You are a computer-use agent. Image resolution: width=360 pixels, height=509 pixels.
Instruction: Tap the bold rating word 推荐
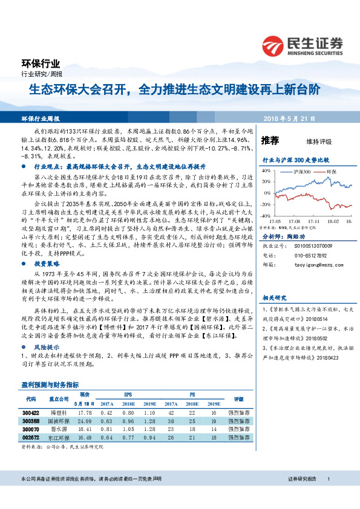tap(270, 141)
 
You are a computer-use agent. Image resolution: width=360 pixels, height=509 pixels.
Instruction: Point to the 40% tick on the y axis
tap(266, 171)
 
